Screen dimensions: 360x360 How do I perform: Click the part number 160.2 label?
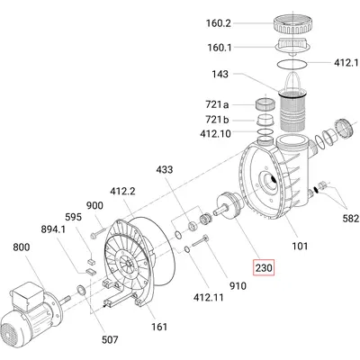point(219,23)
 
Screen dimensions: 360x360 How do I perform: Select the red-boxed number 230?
point(264,267)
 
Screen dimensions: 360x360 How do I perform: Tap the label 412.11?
point(209,297)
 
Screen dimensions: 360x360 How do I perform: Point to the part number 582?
point(352,219)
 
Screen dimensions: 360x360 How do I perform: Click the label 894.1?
point(53,229)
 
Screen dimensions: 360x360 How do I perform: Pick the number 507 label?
point(110,339)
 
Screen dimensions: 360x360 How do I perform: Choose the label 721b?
point(217,120)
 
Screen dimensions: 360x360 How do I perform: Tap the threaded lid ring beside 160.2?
point(291,23)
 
